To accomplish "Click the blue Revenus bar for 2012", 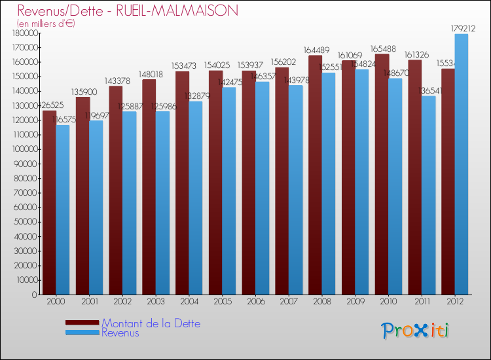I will tap(462, 164).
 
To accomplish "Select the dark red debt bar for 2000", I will tap(49, 203).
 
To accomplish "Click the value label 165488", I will tap(381, 48).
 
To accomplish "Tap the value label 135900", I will tap(82, 92).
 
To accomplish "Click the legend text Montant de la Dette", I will tap(151, 323).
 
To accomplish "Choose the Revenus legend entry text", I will tap(120, 333).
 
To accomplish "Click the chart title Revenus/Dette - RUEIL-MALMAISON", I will tap(128, 11).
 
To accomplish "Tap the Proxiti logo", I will tap(416, 331).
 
